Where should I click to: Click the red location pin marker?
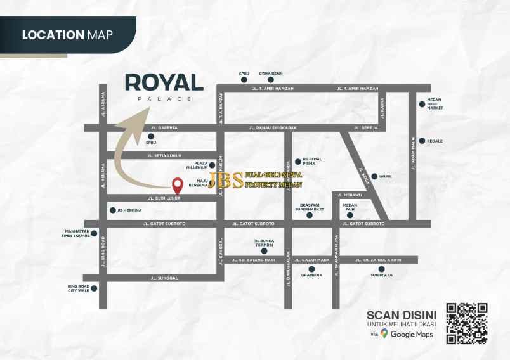coord(178,185)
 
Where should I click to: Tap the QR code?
coord(467,323)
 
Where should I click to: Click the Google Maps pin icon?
coord(384,333)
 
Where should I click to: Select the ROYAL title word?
coord(164,82)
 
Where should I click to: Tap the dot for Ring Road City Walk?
coord(95,288)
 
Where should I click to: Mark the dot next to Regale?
coord(421,141)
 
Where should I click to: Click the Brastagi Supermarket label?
coord(312,207)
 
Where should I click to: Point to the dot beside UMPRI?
coord(374,176)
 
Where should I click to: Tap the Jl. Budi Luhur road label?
coord(164,198)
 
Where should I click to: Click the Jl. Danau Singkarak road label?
coord(278,128)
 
